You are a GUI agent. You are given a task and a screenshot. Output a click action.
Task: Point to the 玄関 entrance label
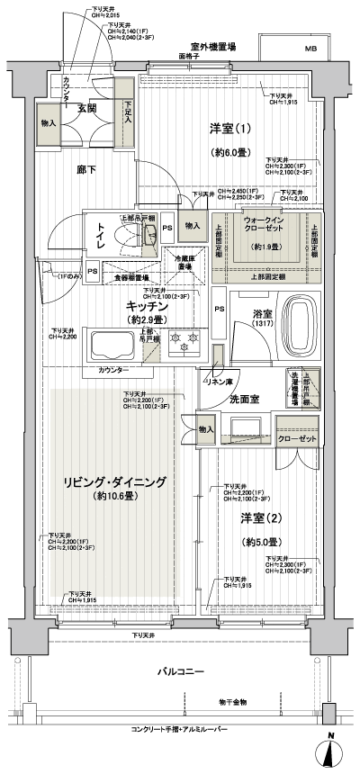pyautogui.click(x=86, y=109)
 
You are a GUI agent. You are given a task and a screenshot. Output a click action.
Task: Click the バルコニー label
pyautogui.click(x=181, y=672)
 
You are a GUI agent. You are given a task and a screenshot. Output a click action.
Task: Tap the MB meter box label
pyautogui.click(x=310, y=49)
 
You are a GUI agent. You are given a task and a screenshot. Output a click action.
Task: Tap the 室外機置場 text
pyautogui.click(x=211, y=45)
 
